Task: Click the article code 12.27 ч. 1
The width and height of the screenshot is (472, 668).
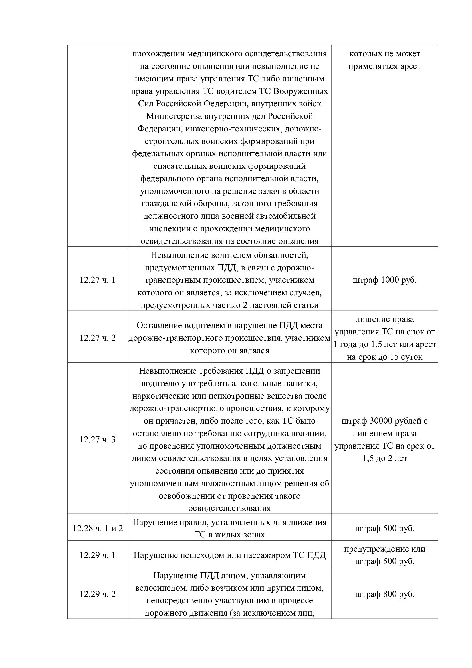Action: point(97,280)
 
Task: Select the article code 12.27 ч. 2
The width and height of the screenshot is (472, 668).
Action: point(97,338)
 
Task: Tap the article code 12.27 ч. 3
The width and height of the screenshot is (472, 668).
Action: point(97,439)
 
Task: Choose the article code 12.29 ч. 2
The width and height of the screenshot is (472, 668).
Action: point(97,594)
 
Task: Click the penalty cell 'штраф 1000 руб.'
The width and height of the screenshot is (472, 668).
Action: point(384,280)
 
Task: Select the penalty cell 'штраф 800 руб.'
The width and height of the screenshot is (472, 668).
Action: point(384,594)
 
